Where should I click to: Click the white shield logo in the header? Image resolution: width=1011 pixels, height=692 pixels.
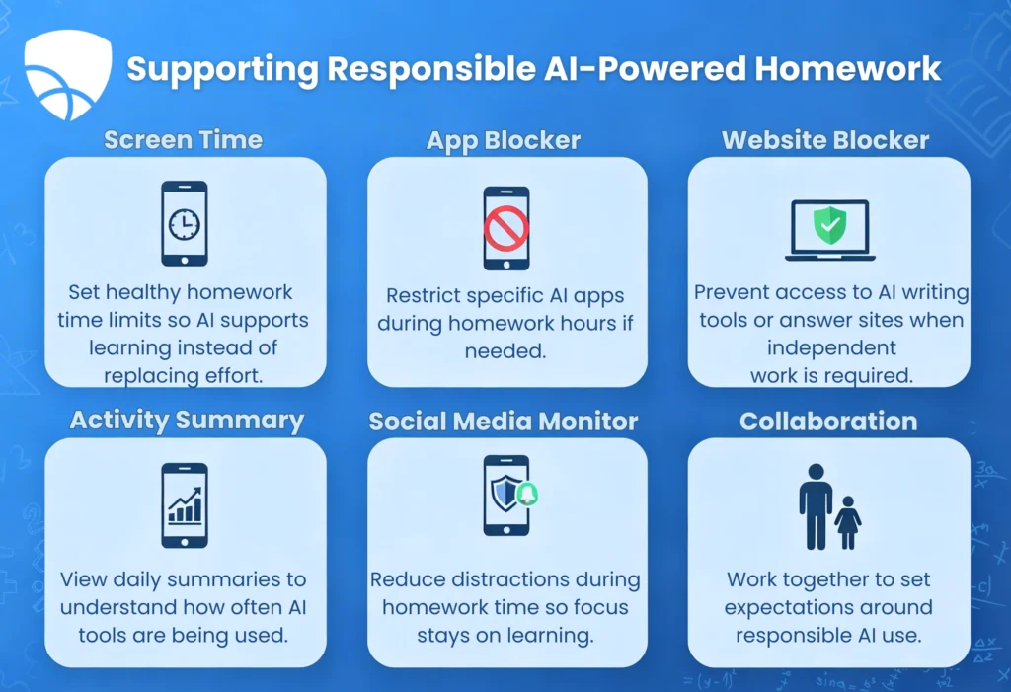coord(68,74)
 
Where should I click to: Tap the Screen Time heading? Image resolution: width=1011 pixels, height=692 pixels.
coord(184,139)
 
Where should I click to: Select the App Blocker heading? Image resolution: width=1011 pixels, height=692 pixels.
coord(504,140)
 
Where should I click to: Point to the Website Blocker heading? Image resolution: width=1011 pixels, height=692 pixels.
coord(825,140)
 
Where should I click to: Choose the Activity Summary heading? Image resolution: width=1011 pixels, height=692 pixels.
coord(187,421)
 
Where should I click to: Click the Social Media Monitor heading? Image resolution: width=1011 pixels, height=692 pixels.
coord(504,422)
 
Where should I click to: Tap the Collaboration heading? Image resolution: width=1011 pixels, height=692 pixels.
coord(827,422)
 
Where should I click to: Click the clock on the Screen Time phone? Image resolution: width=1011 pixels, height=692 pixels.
coord(184,225)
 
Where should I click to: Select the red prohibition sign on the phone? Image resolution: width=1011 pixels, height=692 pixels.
coord(505,229)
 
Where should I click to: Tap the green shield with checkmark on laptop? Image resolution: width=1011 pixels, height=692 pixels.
coord(827,225)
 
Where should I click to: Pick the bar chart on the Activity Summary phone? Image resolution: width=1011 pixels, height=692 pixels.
coord(185,505)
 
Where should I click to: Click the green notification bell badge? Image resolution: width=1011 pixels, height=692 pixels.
coord(527,495)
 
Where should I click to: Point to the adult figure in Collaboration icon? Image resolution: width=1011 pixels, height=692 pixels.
coord(816,504)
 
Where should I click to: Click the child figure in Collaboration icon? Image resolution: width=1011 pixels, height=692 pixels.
coord(847,521)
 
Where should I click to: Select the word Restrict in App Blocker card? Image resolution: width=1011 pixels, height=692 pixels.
coord(423,295)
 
